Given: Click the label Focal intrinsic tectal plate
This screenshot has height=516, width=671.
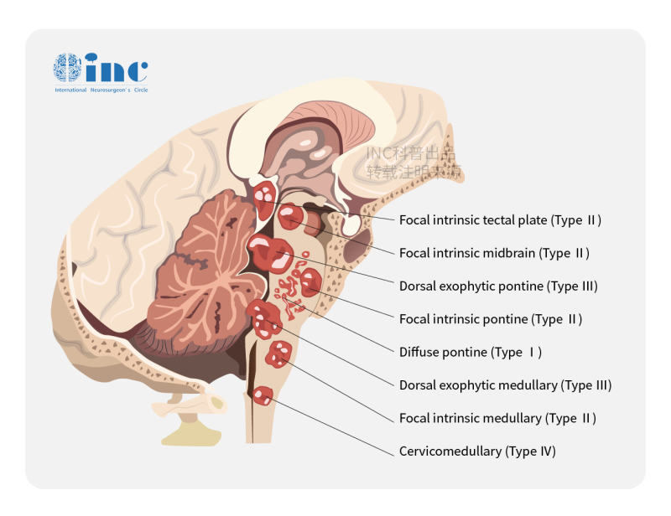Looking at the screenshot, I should coord(500,220).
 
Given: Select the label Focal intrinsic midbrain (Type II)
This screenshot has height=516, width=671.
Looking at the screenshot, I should coord(494,253).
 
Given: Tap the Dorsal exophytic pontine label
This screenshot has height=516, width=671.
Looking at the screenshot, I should coord(498,286).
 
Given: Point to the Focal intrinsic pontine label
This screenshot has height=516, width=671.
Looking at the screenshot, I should coord(491,319).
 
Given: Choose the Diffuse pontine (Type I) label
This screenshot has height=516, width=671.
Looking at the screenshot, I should coord(471,353).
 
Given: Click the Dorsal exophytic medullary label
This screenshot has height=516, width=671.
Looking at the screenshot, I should coord(505,385).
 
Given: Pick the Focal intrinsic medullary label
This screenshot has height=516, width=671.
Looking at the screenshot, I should coord(497,418).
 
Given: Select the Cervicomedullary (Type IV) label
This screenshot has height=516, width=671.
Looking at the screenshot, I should coord(477,451).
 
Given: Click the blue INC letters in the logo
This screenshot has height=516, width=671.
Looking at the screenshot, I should coord(117,67).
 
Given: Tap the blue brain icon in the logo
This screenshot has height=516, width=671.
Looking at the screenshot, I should coord(67,67).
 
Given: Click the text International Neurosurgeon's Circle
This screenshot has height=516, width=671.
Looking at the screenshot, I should coord(101,89).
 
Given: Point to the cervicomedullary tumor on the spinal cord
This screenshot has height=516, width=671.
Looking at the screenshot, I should coord(263,395).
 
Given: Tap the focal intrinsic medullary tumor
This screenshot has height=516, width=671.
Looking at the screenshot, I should coord(278,354).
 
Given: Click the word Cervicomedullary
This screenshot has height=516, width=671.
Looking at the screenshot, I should coord(450,451).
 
